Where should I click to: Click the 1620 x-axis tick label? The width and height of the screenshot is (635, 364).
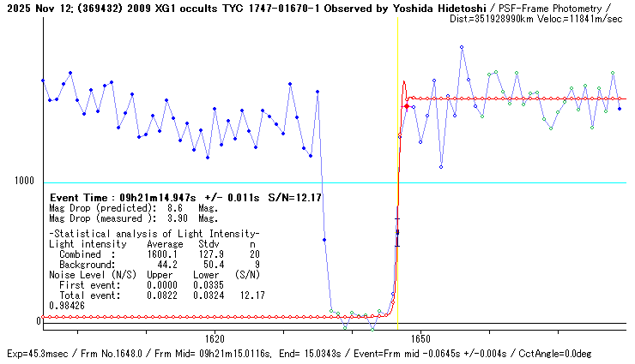pyautogui.click(x=215, y=338)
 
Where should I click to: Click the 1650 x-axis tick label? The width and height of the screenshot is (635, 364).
pyautogui.click(x=420, y=338)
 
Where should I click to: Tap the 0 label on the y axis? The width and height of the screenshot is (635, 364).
pyautogui.click(x=38, y=321)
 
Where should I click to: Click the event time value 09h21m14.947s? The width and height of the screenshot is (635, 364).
pyautogui.click(x=156, y=197)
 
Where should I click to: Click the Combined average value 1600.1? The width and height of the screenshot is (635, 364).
pyautogui.click(x=161, y=254)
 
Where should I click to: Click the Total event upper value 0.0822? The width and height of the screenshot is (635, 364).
pyautogui.click(x=161, y=295)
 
